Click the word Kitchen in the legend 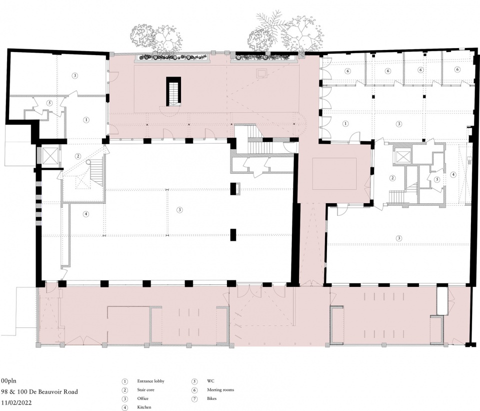[144, 407]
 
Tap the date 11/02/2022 [16, 402]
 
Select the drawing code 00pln [8, 381]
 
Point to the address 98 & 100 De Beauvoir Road [39, 391]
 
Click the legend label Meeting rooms [220, 390]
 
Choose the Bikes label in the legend [211, 398]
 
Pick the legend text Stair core [145, 390]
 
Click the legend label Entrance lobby [151, 381]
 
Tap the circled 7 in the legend [194, 399]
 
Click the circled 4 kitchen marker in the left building [86, 214]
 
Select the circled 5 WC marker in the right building [437, 179]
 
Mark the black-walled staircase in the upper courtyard [173, 91]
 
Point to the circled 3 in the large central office [179, 210]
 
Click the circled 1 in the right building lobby [345, 124]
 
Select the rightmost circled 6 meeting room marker [457, 70]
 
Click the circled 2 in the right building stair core [392, 178]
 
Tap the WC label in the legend [210, 381]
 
